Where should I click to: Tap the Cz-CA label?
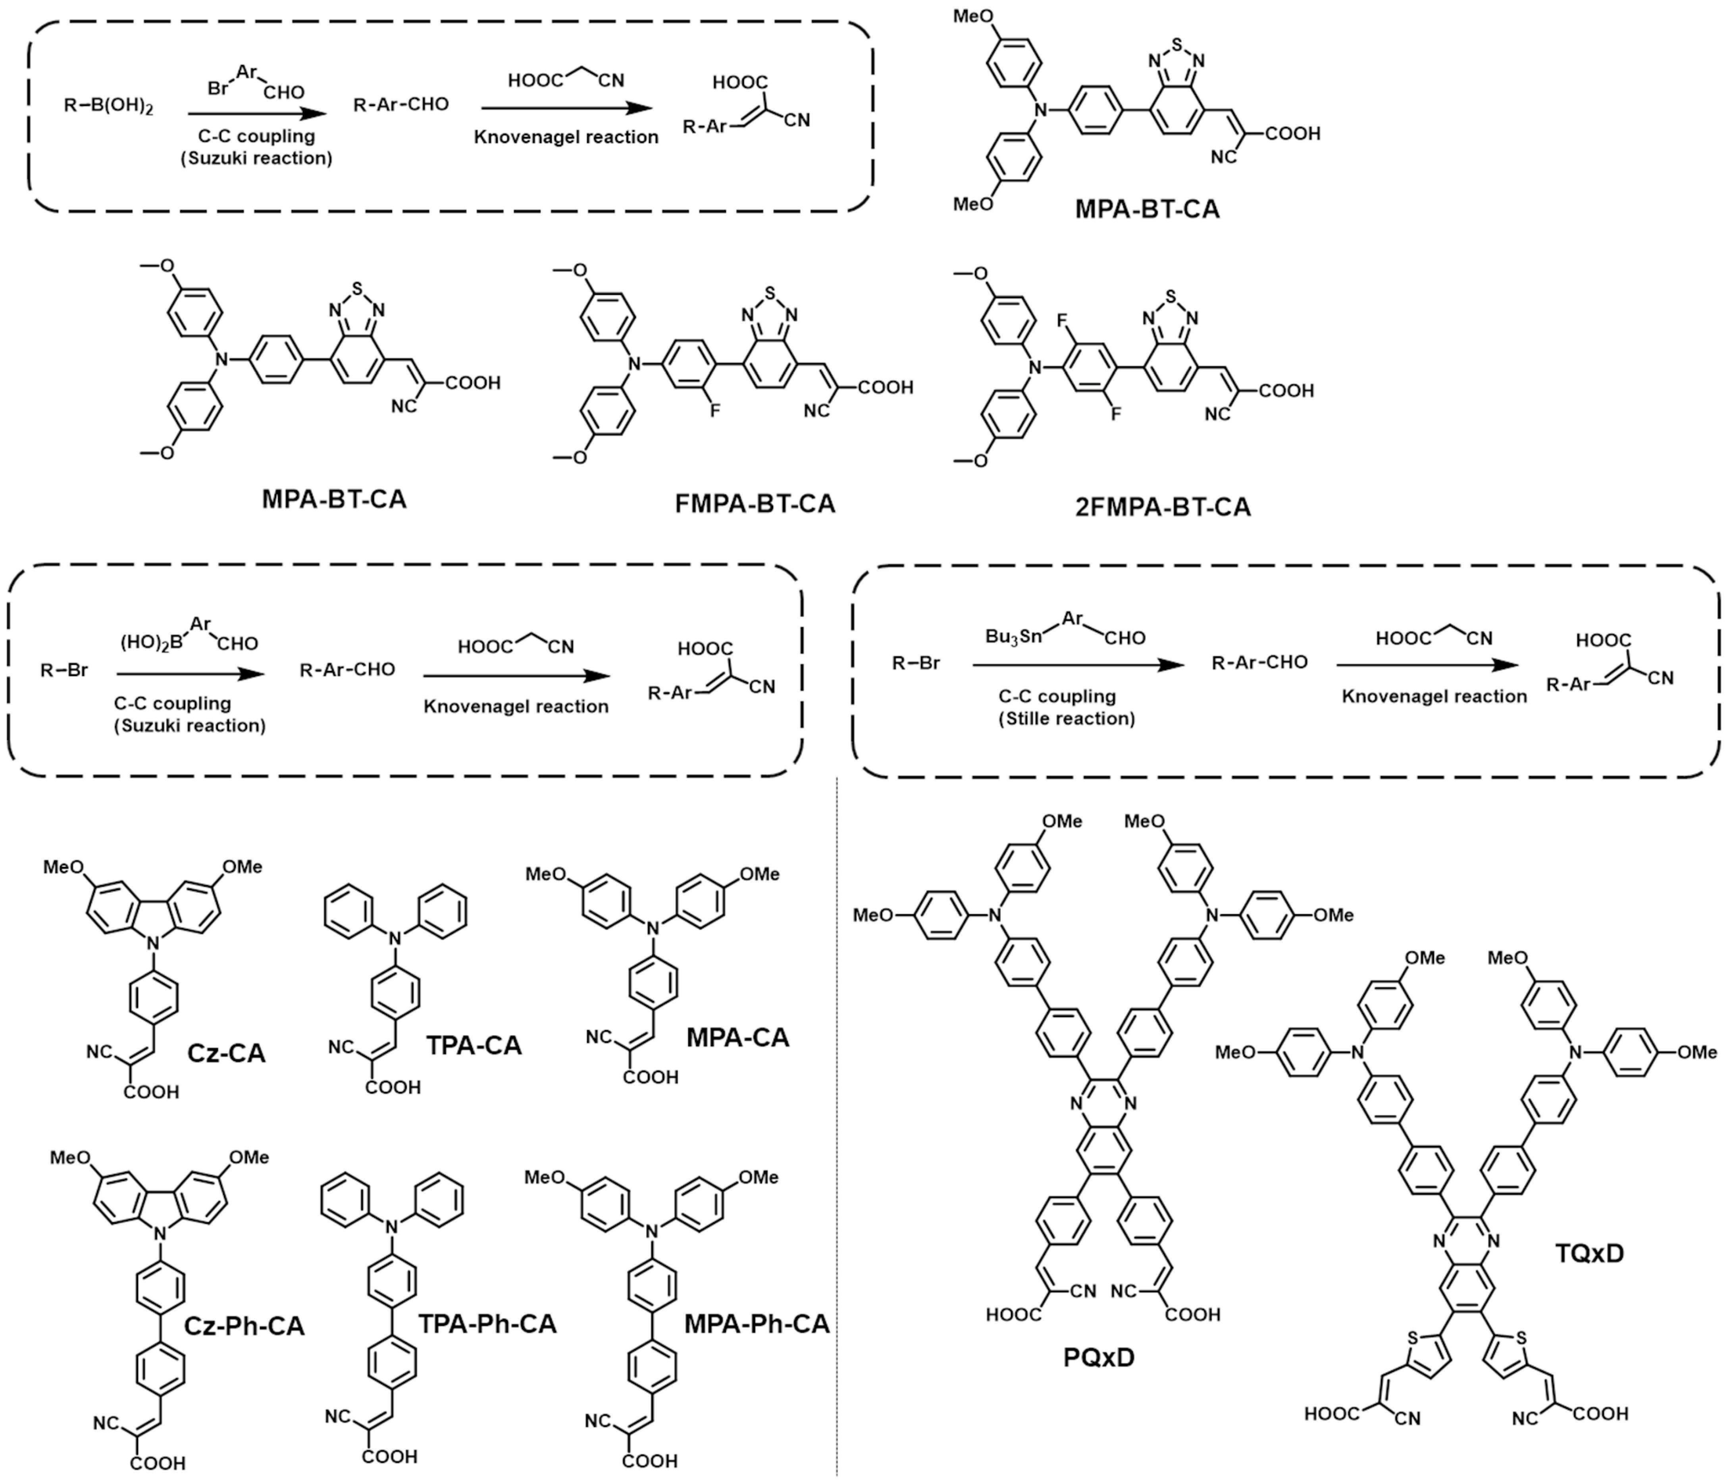tap(226, 1053)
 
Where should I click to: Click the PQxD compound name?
tap(1099, 1358)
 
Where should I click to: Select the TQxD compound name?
tap(1589, 1253)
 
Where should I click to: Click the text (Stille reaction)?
tap(1067, 718)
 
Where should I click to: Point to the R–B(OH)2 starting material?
tap(109, 106)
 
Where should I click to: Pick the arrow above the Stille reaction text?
tap(1078, 665)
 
